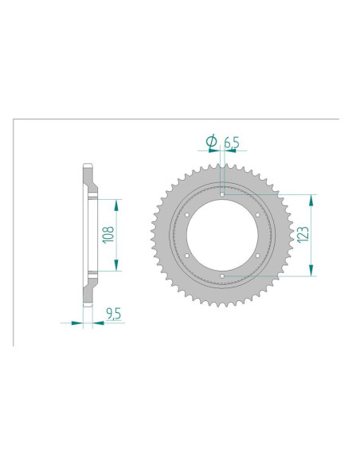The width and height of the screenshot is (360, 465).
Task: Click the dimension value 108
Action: click(109, 235)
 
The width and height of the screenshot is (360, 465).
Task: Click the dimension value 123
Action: click(302, 234)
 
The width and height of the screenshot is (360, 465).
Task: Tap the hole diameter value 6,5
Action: click(231, 143)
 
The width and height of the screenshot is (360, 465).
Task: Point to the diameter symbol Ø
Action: click(211, 142)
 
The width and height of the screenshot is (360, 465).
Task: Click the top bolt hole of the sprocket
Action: click(222, 193)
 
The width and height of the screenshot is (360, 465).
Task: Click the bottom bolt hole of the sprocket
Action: click(222, 276)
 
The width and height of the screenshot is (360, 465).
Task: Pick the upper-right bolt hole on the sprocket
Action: click(259, 214)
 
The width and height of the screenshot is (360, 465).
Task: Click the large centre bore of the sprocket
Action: click(222, 235)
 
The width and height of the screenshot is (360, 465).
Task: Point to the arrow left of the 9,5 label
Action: click(76, 323)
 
